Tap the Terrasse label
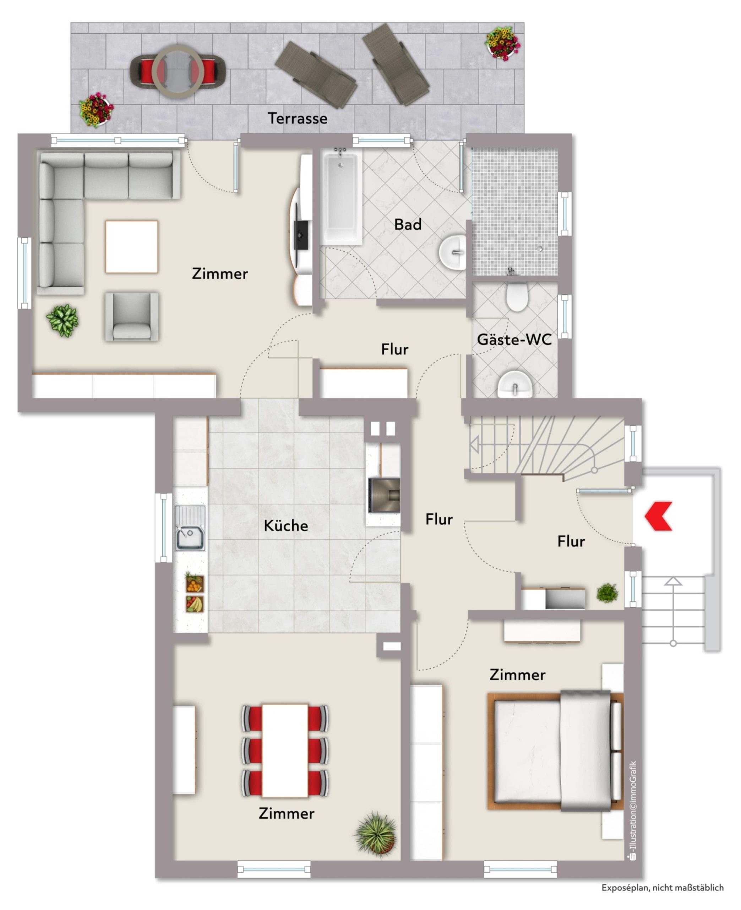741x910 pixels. coord(298,118)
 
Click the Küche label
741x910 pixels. coord(285,525)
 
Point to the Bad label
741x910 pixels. coord(408,224)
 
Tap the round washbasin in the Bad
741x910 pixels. coord(453,252)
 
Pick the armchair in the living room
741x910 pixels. coord(132,317)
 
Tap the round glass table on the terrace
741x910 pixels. coord(178,71)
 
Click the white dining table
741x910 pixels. coord(285,751)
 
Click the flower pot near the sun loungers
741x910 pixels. coord(502,43)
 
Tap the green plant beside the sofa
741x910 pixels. coord(62,320)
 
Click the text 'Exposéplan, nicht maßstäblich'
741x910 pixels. coord(663,888)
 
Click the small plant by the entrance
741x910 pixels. coord(607,593)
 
